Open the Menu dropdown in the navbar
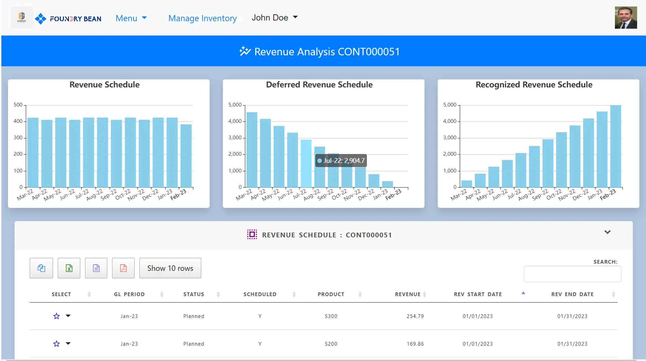131,18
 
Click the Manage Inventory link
202,18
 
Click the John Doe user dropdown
274,17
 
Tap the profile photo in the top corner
626,17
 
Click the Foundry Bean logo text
75,19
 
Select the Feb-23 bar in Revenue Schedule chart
186,155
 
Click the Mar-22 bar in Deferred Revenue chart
252,150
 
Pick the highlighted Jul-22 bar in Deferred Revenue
306,163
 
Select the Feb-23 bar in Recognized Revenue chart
616,146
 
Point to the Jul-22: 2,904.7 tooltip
341,161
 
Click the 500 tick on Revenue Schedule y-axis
18,105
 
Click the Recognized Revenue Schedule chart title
534,85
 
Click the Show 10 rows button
170,268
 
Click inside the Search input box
572,274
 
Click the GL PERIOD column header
129,294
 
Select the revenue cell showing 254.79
415,316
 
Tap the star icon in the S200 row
57,344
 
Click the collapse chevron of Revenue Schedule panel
607,232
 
